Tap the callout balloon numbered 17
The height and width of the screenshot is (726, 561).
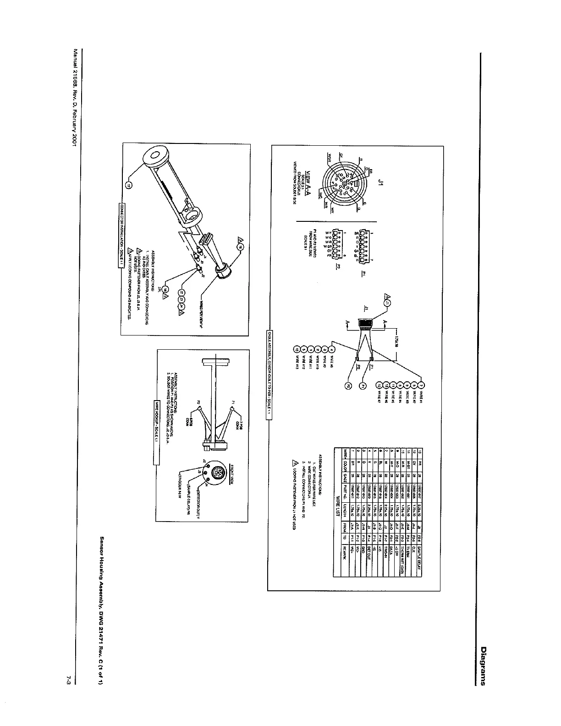129,185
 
